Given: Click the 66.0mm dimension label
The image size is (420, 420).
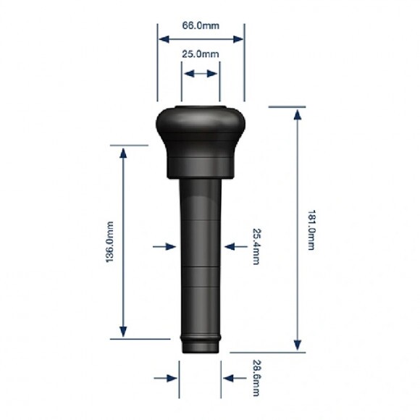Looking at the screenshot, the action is [201, 26].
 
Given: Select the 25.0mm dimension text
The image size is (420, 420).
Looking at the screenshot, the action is [201, 54].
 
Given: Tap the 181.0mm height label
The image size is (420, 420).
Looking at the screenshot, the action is [311, 230].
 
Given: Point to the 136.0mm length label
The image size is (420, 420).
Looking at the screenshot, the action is [110, 242].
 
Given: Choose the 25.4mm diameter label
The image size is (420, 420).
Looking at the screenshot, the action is [256, 246].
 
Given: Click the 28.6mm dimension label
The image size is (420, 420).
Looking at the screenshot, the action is [256, 378].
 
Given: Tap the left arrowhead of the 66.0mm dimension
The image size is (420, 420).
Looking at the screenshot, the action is [164, 39].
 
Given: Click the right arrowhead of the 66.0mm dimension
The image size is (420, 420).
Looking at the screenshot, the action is [238, 39].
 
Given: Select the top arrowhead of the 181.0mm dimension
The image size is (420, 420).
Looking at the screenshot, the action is [298, 114].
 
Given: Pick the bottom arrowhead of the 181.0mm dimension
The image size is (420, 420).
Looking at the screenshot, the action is [298, 345].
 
